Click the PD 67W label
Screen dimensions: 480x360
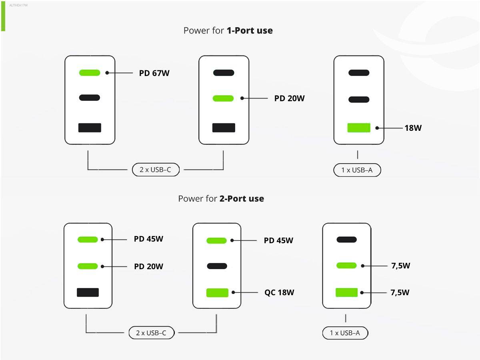click(154, 73)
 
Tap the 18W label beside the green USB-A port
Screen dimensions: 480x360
click(413, 128)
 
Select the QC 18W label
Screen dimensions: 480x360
click(279, 292)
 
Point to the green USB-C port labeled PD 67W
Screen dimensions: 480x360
click(90, 73)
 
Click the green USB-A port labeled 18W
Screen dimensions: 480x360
click(359, 128)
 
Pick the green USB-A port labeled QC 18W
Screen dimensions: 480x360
click(217, 293)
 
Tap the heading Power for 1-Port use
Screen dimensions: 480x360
click(228, 31)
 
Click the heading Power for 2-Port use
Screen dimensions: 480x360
click(221, 199)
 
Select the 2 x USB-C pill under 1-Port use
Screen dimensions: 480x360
click(156, 170)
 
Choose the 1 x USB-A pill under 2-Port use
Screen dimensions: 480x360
click(345, 333)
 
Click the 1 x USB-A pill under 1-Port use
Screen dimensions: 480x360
click(357, 170)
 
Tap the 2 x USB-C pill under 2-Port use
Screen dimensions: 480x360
click(152, 333)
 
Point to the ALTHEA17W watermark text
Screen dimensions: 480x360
click(18, 5)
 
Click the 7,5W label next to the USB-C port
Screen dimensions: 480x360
click(401, 266)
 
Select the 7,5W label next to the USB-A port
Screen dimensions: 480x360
click(400, 292)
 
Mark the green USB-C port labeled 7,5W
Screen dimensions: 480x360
click(346, 266)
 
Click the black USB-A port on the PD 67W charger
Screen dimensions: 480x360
click(90, 128)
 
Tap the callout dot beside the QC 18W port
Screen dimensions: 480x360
click(233, 292)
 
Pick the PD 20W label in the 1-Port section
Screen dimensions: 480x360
click(289, 98)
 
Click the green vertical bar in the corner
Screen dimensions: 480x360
click(3, 16)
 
